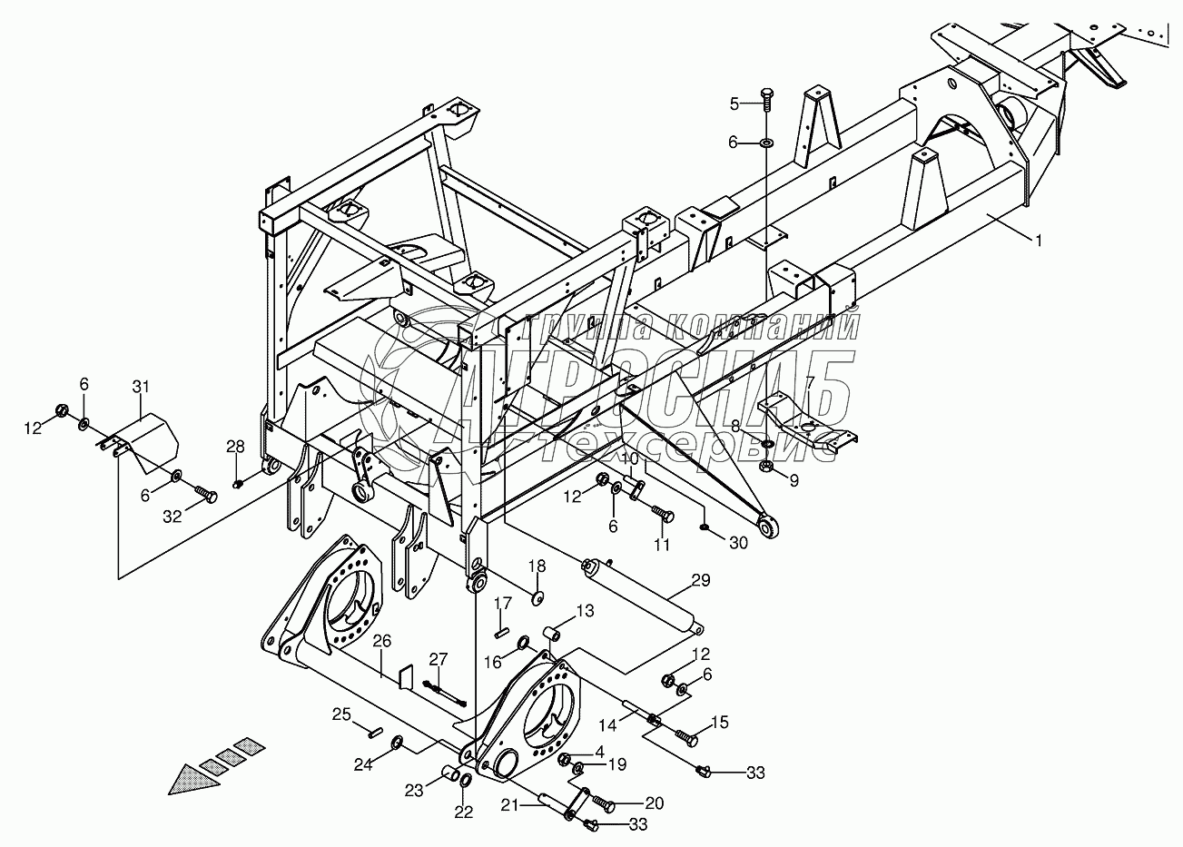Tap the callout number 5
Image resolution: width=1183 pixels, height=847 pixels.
pyautogui.click(x=735, y=103)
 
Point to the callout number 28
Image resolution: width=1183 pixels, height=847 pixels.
pyautogui.click(x=236, y=447)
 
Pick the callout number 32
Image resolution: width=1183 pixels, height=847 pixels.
pyautogui.click(x=172, y=517)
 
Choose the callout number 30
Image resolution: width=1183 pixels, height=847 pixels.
pyautogui.click(x=737, y=542)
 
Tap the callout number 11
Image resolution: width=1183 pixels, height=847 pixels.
pyautogui.click(x=662, y=545)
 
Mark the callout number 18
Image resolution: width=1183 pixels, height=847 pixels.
pyautogui.click(x=537, y=566)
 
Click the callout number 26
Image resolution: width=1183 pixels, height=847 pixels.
pyautogui.click(x=382, y=641)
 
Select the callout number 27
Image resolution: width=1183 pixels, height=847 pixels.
pyautogui.click(x=439, y=659)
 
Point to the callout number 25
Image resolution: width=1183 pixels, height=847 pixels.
pyautogui.click(x=340, y=714)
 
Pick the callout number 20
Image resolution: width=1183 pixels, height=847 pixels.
pyautogui.click(x=654, y=803)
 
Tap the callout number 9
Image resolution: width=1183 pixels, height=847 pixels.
pyautogui.click(x=794, y=481)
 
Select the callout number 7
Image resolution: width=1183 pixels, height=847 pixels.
pyautogui.click(x=810, y=382)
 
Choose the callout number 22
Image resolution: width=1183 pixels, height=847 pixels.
pyautogui.click(x=464, y=813)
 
